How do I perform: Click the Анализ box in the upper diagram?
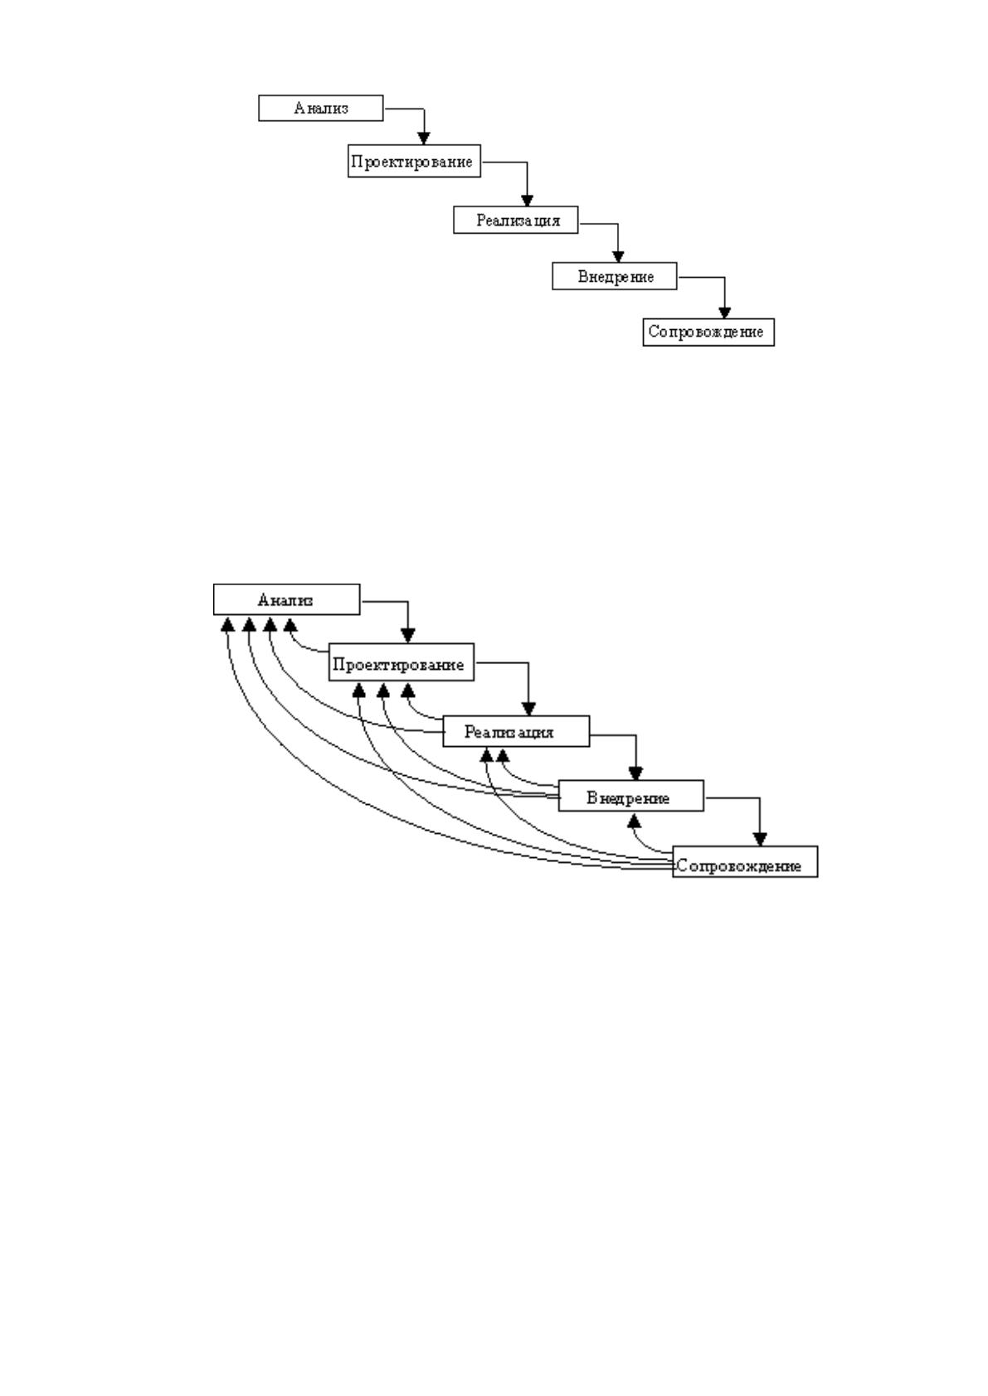(320, 108)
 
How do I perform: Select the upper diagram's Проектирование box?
(414, 161)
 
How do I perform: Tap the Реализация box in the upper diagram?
(516, 220)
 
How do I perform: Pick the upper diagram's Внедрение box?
(615, 276)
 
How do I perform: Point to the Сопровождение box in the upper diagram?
(708, 332)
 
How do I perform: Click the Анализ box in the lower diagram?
(286, 599)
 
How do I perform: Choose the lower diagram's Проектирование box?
(401, 662)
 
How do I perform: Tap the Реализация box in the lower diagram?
(516, 731)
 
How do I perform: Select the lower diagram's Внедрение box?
(630, 796)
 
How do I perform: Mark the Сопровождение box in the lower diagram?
(745, 862)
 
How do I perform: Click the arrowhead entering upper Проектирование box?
(424, 138)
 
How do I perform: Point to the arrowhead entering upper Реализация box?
(527, 200)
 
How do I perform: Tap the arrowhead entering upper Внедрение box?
(617, 256)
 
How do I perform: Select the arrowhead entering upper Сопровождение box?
(724, 313)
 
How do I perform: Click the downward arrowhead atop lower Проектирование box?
(407, 636)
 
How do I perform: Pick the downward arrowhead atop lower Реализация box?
(528, 709)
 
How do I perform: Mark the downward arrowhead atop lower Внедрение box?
(635, 773)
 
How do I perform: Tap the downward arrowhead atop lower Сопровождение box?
(759, 839)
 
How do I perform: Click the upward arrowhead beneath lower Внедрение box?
(634, 819)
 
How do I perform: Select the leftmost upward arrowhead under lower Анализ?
(227, 623)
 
